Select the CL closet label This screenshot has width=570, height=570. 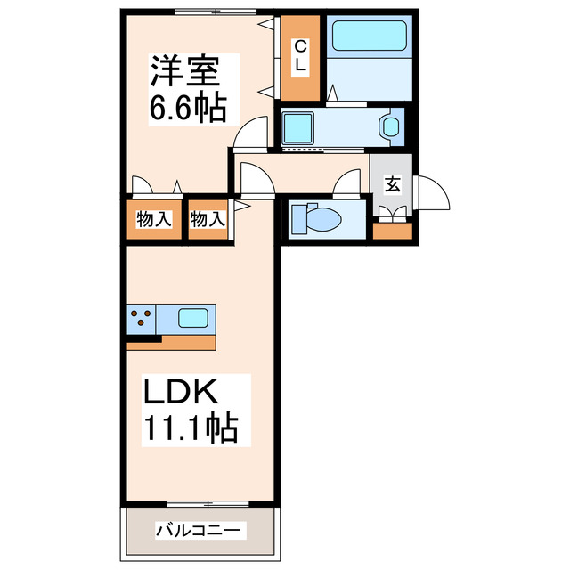coord(300,56)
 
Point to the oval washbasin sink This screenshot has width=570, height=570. coord(390,126)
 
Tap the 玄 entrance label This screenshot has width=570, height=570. coord(392,184)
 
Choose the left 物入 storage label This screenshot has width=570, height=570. coord(153,218)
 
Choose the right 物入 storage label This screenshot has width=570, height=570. coord(208,218)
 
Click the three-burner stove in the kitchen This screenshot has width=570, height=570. coord(141,318)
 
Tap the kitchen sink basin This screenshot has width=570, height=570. coord(194,317)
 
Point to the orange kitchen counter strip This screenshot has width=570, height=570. coord(187,342)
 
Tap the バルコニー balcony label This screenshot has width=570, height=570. coord(198,531)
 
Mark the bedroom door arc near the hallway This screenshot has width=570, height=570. coord(251,132)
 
